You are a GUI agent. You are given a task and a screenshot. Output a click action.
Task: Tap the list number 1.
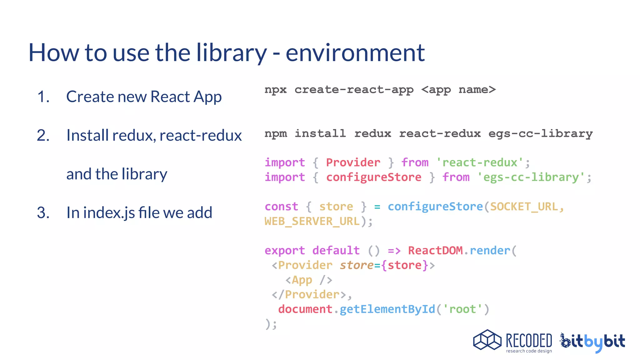[43, 97]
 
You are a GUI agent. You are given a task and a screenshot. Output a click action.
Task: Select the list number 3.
[43, 213]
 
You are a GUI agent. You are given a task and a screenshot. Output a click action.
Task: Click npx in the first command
[275, 90]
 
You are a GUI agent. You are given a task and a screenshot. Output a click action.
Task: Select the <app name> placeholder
[458, 90]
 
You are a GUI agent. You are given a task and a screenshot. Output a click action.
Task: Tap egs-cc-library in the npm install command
[540, 134]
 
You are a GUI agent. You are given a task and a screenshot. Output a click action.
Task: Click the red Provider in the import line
[353, 162]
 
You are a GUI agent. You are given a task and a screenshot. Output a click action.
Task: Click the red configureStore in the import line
[374, 177]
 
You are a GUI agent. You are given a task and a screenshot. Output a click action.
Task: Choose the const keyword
[281, 207]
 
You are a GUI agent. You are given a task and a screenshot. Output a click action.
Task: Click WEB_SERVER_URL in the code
[312, 221]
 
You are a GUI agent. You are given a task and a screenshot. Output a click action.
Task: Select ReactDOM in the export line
[435, 251]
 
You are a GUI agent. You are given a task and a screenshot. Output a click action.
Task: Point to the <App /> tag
[308, 280]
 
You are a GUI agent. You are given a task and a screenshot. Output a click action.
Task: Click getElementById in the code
[387, 309]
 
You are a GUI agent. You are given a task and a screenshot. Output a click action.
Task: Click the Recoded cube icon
[487, 340]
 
